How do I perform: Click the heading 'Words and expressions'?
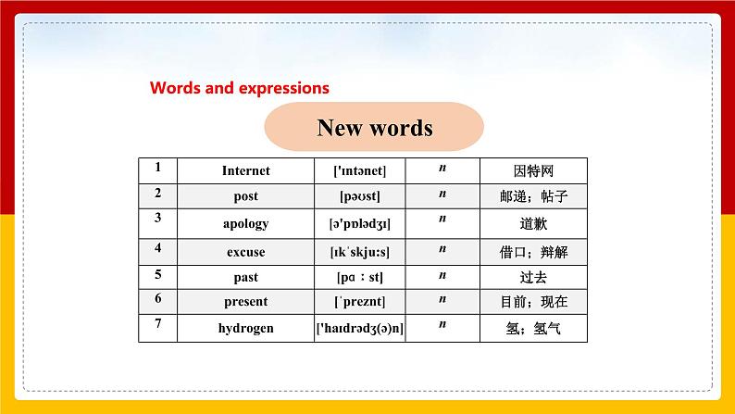click(x=239, y=89)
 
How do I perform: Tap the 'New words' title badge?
click(x=374, y=128)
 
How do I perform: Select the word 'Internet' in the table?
click(x=246, y=170)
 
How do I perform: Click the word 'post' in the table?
click(x=246, y=196)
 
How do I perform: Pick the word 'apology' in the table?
click(x=246, y=223)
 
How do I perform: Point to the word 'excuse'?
click(x=246, y=251)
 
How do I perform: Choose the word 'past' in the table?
click(x=246, y=277)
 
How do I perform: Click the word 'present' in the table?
click(x=246, y=301)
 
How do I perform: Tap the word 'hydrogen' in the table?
click(x=246, y=328)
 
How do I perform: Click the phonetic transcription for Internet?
click(x=359, y=170)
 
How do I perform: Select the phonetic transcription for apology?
click(x=359, y=223)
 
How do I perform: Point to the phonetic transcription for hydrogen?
click(x=359, y=328)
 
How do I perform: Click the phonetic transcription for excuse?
click(x=359, y=251)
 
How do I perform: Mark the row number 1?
click(x=158, y=167)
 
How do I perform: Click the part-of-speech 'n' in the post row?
click(x=442, y=194)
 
